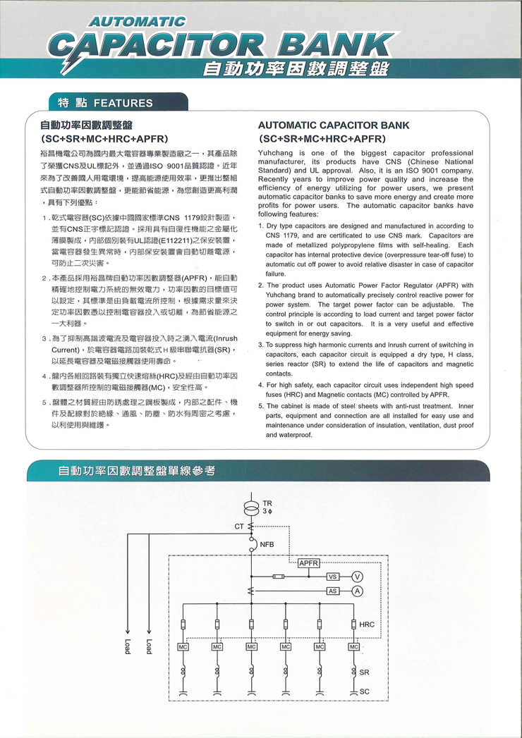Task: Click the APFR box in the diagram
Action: point(309,563)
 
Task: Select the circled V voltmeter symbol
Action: point(357,577)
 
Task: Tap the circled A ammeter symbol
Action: point(357,590)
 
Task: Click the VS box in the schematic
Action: point(333,577)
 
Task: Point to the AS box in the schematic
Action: point(333,590)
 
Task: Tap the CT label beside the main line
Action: point(239,526)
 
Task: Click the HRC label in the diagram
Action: point(367,625)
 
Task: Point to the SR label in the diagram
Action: point(364,672)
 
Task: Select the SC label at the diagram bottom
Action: point(364,691)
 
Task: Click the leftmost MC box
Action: point(183,646)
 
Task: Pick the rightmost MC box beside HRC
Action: point(353,646)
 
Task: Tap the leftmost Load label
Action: point(128,646)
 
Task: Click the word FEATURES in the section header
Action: point(123,103)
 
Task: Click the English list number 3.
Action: point(260,344)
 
